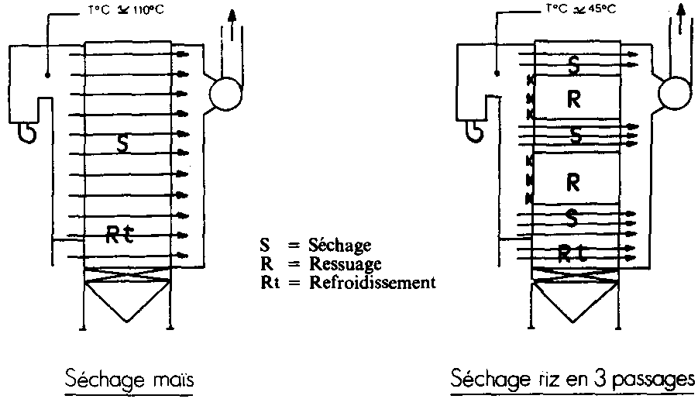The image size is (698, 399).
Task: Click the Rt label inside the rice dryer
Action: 573,253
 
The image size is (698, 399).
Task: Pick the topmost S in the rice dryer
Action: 573,65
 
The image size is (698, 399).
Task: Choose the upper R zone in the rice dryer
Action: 574,99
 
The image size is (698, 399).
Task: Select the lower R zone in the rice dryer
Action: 574,181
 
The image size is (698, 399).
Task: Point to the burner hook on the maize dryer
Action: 26,134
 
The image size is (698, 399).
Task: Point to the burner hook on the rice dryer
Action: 474,134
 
